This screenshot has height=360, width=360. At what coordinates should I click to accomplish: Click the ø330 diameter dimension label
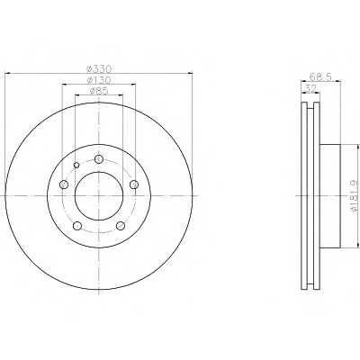99,69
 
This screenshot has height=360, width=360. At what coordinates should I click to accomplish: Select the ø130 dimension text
99,80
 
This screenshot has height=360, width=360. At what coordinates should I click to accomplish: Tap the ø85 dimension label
99,91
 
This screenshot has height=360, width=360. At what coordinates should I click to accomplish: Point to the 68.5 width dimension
320,77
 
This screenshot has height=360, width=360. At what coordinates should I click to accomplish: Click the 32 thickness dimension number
310,88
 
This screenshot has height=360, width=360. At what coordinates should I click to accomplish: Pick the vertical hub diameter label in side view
355,195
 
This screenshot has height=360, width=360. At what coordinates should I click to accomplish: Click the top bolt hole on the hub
99,159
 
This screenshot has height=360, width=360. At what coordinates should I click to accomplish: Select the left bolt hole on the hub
64,184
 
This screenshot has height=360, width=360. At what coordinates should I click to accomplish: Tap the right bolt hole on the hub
134,184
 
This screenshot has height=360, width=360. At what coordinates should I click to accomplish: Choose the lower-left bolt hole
77,226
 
